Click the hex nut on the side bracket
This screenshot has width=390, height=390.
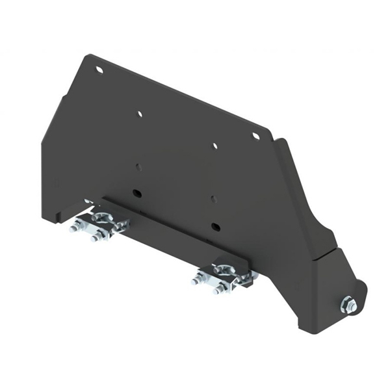(348, 304)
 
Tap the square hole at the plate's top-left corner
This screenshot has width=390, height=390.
(99, 69)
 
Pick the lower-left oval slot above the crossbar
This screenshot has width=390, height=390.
(137, 193)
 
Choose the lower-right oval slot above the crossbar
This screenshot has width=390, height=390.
(214, 226)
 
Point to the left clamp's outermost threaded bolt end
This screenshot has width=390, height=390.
(73, 227)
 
